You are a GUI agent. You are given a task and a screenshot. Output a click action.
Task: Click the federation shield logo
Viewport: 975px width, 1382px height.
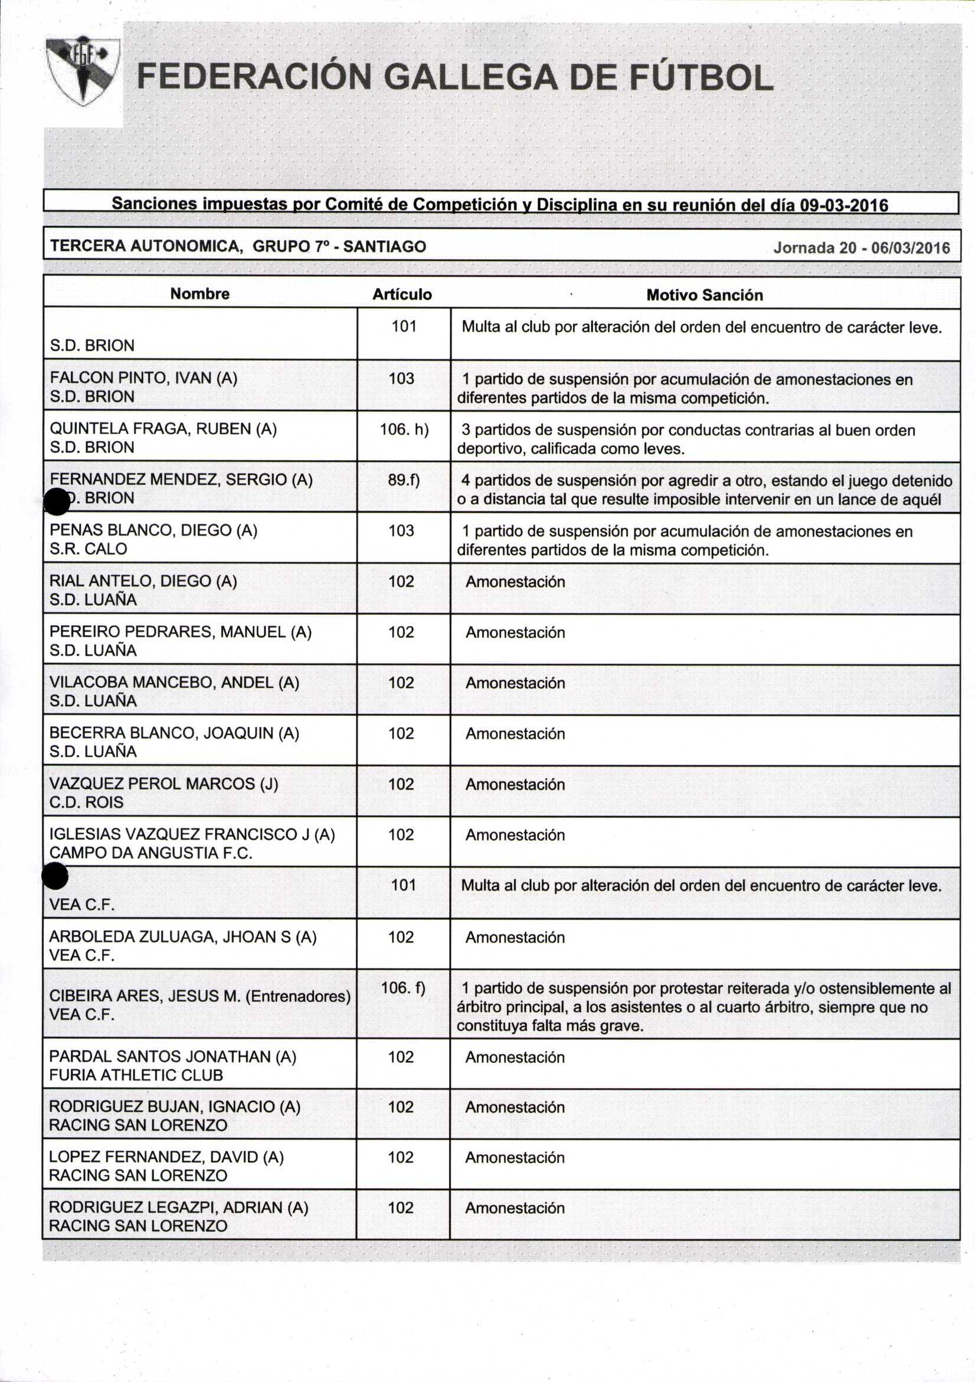(83, 71)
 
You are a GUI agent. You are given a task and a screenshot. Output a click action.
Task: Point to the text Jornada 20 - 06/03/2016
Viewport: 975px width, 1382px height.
(861, 248)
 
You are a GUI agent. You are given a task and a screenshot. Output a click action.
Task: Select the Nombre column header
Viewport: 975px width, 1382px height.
(200, 294)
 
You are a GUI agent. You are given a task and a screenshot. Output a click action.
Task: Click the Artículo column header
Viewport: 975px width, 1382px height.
(402, 294)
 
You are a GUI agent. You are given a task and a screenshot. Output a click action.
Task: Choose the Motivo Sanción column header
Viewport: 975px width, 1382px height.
(704, 295)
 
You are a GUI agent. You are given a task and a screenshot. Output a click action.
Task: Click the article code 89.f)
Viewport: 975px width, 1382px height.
(404, 480)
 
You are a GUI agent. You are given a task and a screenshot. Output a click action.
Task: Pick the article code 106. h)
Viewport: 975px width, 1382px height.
(404, 429)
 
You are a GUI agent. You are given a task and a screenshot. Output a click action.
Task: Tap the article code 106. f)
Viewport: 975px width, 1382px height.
(403, 988)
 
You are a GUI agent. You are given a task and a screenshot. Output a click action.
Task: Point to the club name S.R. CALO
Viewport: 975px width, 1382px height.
(89, 549)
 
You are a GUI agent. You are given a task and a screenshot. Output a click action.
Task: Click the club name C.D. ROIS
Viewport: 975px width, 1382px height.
(86, 802)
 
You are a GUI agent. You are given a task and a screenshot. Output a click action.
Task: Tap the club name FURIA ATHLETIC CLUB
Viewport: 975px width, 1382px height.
(136, 1075)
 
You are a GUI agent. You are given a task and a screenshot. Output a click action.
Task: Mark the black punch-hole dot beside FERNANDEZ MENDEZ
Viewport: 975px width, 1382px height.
(58, 501)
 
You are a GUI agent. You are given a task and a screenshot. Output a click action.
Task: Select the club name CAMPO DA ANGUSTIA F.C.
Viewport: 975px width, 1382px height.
(150, 853)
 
